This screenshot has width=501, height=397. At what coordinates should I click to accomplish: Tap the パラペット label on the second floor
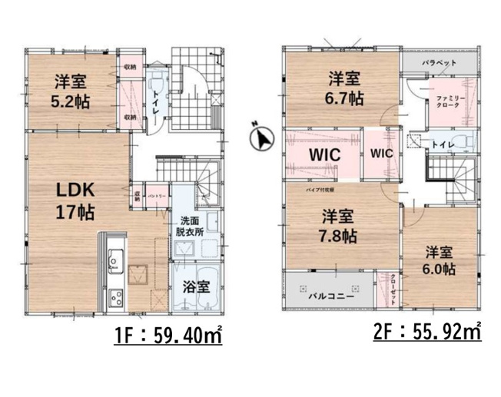point(440,62)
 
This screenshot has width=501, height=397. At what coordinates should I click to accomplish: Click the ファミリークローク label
point(449,102)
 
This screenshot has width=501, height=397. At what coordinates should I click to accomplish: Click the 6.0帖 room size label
point(437,269)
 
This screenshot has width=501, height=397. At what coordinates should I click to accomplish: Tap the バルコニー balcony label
point(333,294)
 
